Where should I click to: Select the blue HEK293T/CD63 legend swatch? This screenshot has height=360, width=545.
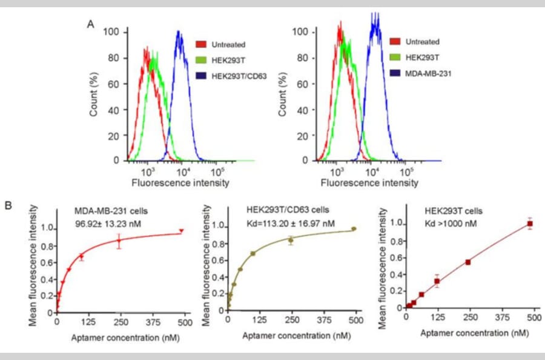click(x=202, y=76)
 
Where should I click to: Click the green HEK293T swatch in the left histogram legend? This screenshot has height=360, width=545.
click(x=202, y=61)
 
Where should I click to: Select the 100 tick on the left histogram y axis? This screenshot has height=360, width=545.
click(x=113, y=32)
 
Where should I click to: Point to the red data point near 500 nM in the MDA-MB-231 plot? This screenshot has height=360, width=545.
click(x=181, y=231)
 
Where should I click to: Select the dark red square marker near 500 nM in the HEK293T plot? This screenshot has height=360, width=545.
click(x=530, y=224)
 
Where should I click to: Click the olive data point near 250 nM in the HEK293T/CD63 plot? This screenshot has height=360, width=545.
click(x=291, y=241)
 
